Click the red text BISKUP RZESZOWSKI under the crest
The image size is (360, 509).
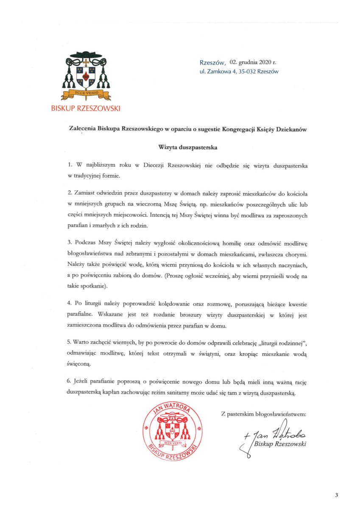coord(85,109)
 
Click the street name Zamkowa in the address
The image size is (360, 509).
coord(218,72)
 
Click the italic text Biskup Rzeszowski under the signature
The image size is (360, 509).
coord(280,444)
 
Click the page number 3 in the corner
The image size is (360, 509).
coord(336,495)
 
